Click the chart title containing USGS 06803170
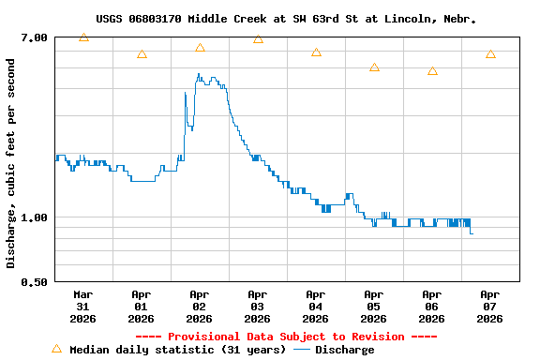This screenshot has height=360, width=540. click(286, 19)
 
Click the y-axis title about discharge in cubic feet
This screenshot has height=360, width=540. click(11, 163)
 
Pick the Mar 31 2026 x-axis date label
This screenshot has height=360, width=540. click(83, 306)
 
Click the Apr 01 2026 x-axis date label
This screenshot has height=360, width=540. click(142, 306)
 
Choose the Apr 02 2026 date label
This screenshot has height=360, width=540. click(200, 306)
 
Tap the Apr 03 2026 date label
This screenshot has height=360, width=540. click(258, 306)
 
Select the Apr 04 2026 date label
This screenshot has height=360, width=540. click(316, 306)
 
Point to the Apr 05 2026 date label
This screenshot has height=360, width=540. click(374, 306)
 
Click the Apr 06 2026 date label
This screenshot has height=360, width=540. click(432, 306)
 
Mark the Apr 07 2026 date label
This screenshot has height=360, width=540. click(490, 306)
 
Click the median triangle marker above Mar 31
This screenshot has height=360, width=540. click(83, 37)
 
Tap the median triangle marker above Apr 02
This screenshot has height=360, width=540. click(200, 48)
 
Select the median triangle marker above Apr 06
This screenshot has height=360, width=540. click(432, 71)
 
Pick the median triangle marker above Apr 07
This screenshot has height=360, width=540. click(490, 54)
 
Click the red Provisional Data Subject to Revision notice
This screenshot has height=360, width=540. click(286, 337)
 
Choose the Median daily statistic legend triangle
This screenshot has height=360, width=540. click(56, 349)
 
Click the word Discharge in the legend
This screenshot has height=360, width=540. click(344, 350)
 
